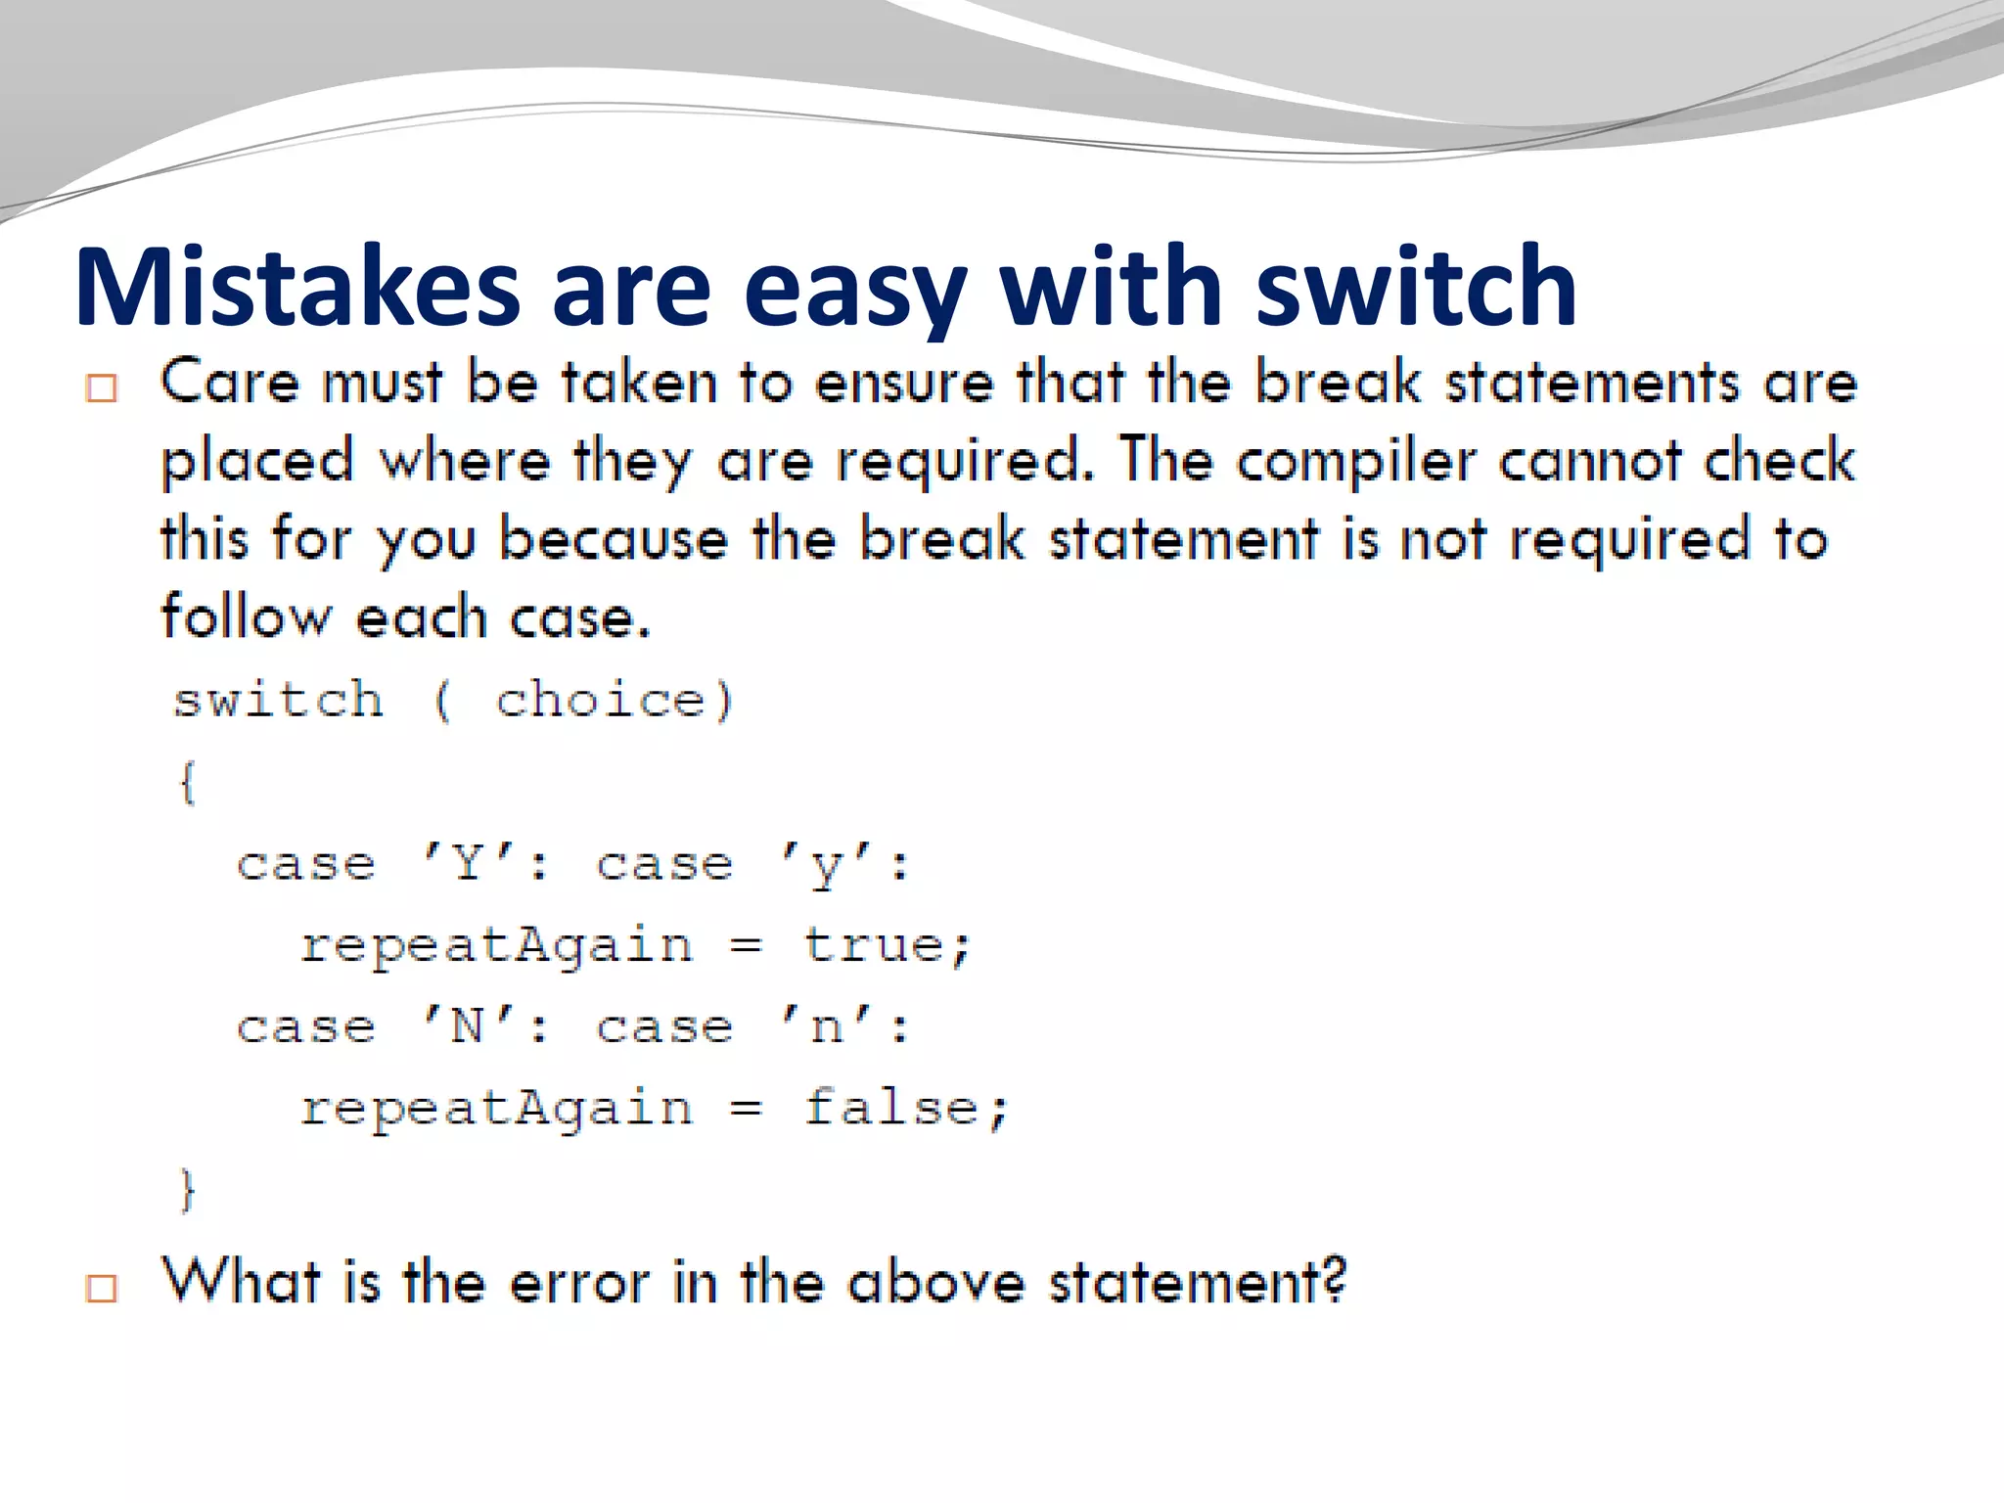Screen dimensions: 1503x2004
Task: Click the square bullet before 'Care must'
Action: point(101,388)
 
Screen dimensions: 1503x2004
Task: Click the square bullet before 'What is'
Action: point(101,1288)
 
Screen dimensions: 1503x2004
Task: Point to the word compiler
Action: point(1355,462)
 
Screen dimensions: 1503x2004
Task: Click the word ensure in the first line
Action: point(904,383)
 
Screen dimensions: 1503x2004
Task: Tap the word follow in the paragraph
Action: point(246,618)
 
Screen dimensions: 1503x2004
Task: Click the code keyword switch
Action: point(278,701)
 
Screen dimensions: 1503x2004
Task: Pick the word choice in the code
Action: point(600,701)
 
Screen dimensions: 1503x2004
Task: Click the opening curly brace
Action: point(187,783)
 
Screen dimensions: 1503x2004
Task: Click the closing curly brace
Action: point(187,1190)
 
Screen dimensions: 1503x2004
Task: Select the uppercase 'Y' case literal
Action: point(468,864)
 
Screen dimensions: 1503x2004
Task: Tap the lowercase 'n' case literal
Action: point(827,1027)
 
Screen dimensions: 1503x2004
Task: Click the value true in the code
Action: point(873,946)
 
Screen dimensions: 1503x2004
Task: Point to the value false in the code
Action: point(891,1109)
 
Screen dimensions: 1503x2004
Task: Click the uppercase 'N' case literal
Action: point(468,1027)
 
